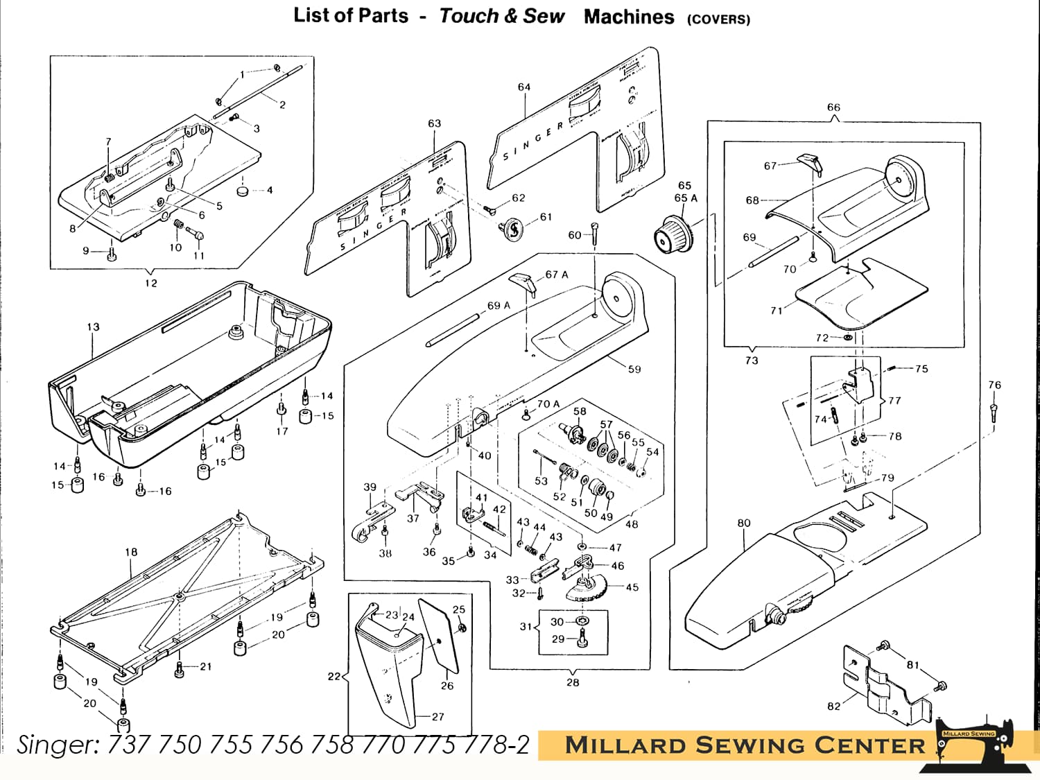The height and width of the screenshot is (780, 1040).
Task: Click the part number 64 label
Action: point(524,87)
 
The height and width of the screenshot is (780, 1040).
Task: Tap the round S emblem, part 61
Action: point(513,228)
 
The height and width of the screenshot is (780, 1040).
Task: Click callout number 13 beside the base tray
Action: point(93,327)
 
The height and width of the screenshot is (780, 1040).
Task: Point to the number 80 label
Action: point(744,523)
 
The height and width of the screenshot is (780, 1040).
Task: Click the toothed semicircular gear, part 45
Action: point(587,589)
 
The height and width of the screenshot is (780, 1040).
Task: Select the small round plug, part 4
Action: point(243,189)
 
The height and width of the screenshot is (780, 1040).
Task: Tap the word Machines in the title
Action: point(628,17)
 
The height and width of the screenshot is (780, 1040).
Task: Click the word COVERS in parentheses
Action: point(718,19)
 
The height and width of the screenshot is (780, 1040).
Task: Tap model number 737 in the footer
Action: point(130,745)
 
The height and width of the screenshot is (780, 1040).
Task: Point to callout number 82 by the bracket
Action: point(833,707)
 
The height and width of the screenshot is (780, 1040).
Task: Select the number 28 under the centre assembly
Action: point(573,682)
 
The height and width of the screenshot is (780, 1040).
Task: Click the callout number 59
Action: point(634,370)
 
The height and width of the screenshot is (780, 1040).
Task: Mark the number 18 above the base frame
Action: point(131,553)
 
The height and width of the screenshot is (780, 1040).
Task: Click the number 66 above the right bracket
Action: point(833,107)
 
